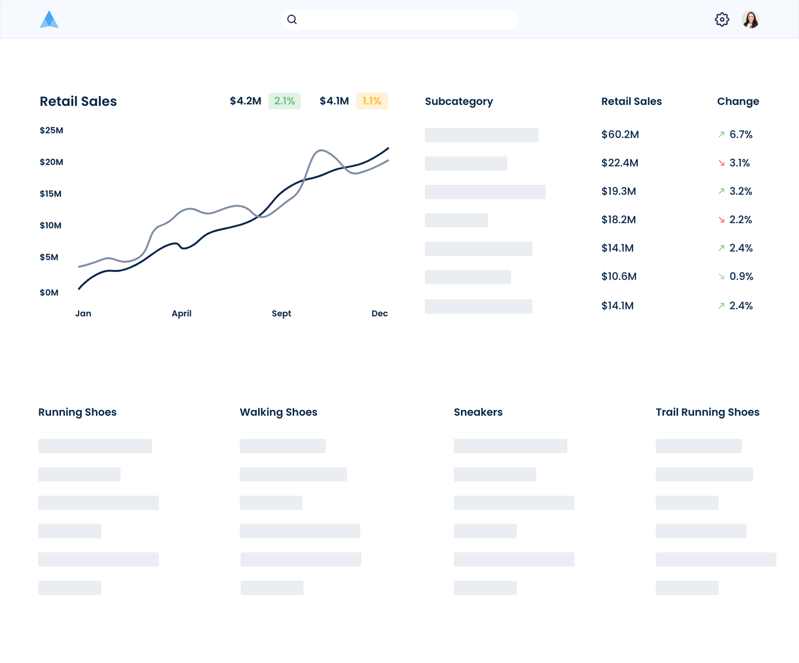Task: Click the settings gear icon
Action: point(722,19)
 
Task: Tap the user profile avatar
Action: point(750,19)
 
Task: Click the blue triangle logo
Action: point(49,20)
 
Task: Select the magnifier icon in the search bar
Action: point(292,19)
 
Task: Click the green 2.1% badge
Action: point(285,101)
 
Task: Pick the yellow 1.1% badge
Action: point(372,101)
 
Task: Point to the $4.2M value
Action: point(245,101)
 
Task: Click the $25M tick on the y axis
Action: point(51,130)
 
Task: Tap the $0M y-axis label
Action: point(49,293)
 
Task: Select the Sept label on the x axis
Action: point(281,314)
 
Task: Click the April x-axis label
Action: point(181,314)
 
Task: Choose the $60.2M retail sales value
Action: point(620,134)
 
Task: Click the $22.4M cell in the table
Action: point(620,163)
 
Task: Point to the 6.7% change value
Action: point(741,134)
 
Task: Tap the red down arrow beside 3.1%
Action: point(721,163)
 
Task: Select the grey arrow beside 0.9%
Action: point(721,276)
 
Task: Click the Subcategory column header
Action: point(458,101)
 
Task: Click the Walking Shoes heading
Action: point(278,412)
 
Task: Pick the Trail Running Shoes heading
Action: point(707,412)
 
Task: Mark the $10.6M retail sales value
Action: point(619,276)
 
